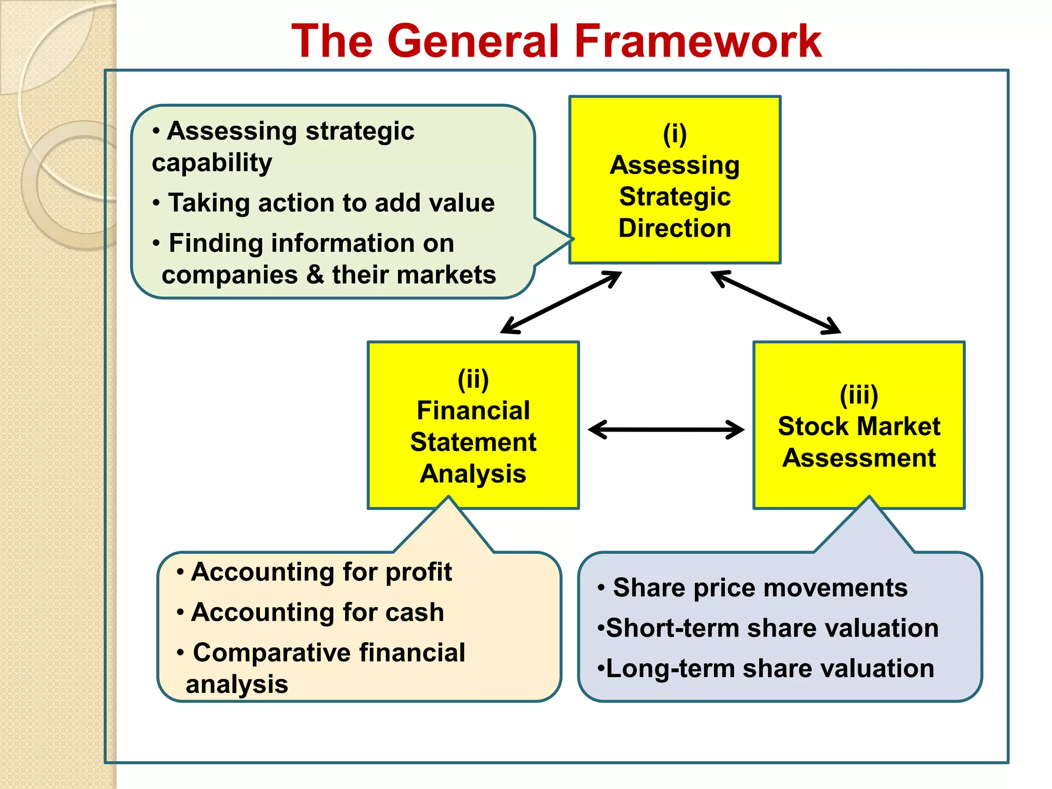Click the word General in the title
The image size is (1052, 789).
click(472, 41)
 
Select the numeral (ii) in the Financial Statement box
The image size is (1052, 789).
click(473, 379)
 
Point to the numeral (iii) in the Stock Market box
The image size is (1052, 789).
click(859, 395)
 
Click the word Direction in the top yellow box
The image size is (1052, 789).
click(674, 228)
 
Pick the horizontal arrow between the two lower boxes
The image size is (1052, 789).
click(666, 429)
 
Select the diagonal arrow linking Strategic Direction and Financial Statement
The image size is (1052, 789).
click(561, 302)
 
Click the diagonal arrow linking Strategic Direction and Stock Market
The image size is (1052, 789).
click(776, 302)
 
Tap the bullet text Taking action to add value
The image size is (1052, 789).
click(331, 203)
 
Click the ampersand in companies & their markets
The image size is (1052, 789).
click(315, 274)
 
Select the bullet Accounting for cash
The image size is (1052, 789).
click(317, 612)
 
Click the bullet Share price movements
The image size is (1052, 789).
click(760, 588)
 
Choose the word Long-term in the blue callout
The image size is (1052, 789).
click(670, 669)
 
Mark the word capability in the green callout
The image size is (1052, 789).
click(212, 163)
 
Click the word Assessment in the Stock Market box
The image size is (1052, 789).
click(859, 458)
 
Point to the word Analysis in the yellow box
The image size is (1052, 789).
click(473, 474)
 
